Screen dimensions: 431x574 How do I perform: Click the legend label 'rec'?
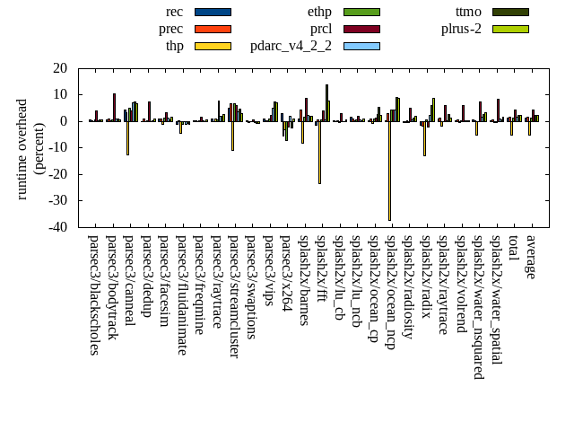175,12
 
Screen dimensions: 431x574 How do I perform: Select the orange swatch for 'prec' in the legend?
213,29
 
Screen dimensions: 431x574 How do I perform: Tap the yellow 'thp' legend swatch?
213,46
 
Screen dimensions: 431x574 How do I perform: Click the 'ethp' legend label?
319,12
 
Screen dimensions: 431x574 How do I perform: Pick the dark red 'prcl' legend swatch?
361,29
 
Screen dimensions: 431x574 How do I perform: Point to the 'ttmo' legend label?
468,12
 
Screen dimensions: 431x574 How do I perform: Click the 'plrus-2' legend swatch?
510,29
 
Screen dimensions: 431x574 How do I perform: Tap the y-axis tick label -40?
58,227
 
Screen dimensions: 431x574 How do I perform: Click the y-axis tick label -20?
58,174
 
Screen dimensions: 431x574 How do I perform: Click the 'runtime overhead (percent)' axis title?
30,148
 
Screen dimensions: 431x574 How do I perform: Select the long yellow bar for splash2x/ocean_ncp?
389,171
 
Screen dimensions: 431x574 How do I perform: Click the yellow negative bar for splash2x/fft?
319,152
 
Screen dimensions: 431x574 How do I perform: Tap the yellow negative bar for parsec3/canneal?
127,137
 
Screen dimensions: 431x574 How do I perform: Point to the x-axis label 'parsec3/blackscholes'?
94,295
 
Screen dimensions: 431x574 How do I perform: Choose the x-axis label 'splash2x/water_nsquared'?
478,306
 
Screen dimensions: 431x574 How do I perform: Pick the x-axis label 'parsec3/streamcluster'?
233,296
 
